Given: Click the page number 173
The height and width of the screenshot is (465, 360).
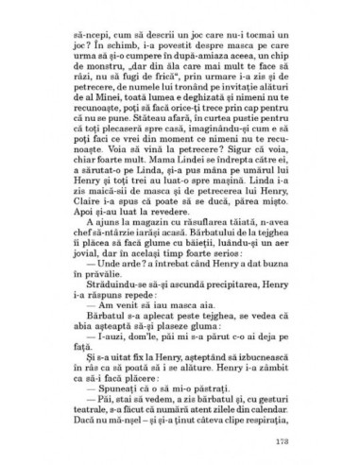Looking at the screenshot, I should (x=301, y=440).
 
